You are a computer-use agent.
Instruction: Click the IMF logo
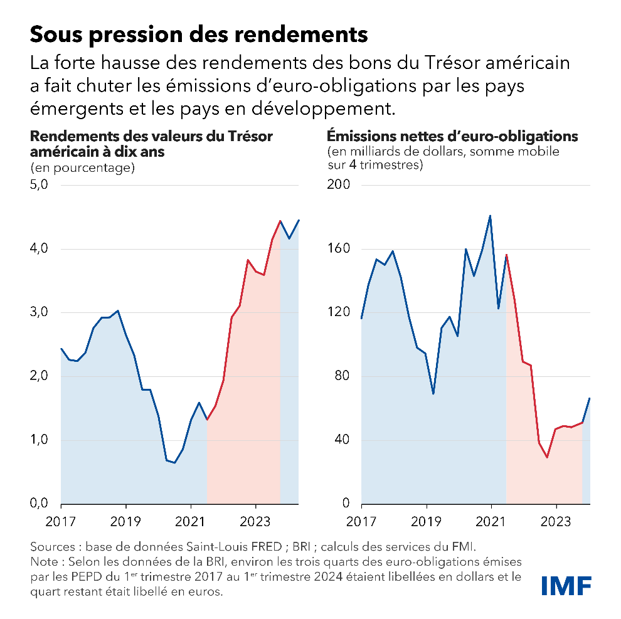click(566, 585)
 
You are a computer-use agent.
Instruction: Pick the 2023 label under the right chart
click(556, 521)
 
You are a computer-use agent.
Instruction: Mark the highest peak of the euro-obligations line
click(490, 216)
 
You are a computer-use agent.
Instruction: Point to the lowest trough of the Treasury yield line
click(174, 463)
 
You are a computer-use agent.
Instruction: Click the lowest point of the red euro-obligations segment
click(547, 457)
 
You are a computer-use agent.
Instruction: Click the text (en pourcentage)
click(82, 167)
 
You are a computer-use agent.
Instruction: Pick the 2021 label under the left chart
click(191, 521)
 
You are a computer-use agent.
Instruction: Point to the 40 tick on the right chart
click(343, 440)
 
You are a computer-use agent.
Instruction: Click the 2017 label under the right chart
click(362, 521)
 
